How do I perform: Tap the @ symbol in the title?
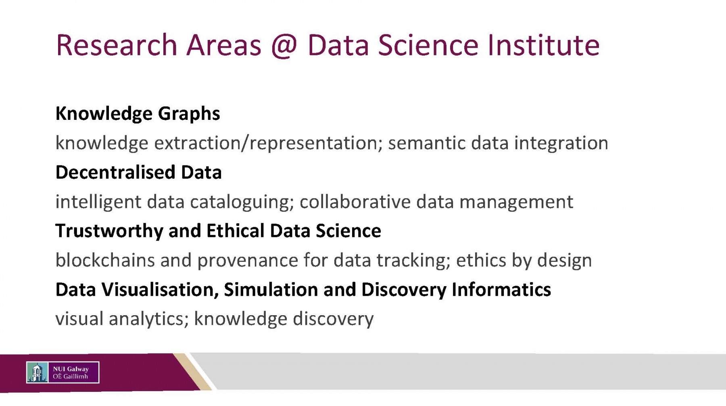pyautogui.click(x=284, y=46)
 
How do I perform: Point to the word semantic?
pyautogui.click(x=426, y=143)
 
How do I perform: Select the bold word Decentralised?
pyautogui.click(x=115, y=172)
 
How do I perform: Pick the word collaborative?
pyautogui.click(x=355, y=201)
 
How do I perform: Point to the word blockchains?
pyautogui.click(x=105, y=260)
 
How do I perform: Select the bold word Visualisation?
pyautogui.click(x=160, y=290)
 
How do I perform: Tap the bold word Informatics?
pyautogui.click(x=501, y=289)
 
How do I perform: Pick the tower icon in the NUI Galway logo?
pyautogui.click(x=37, y=372)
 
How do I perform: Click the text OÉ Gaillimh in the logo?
pyautogui.click(x=70, y=377)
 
